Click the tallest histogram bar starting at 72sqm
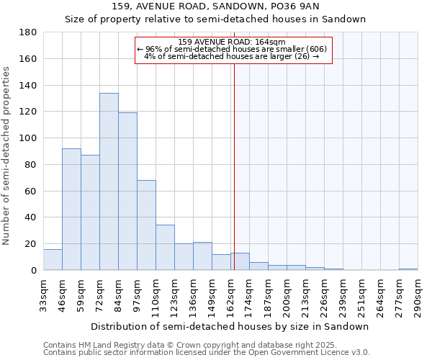109,181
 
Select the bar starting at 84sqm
127,191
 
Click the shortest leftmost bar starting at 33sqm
53,259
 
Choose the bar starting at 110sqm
165,247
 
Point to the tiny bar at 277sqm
408,269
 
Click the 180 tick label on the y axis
29,32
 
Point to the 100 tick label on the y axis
29,138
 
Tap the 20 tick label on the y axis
32,244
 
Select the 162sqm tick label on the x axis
231,294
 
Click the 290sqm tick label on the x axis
418,294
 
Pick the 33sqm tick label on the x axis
44,294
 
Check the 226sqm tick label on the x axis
325,294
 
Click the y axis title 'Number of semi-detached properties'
6,156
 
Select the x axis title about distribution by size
230,326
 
